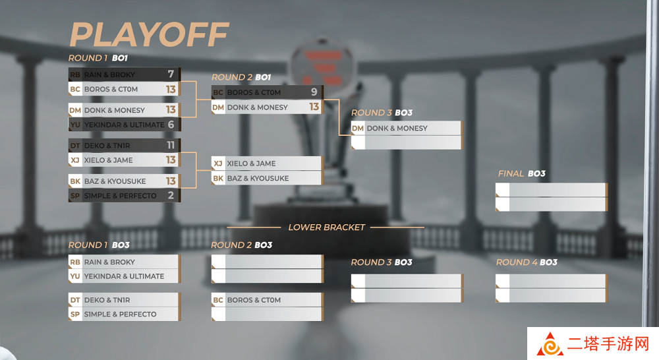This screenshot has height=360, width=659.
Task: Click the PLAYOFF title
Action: tap(149, 34)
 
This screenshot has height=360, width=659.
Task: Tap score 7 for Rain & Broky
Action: tap(171, 74)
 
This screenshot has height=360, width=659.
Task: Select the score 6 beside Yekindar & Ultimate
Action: tap(171, 124)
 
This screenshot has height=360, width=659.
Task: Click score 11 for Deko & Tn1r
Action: tap(170, 145)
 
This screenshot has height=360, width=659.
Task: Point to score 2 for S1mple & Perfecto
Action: tap(171, 195)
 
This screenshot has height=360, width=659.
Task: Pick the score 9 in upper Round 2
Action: tap(314, 92)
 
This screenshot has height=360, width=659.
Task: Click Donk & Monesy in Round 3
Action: tap(397, 129)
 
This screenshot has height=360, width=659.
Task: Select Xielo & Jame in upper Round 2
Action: tap(251, 164)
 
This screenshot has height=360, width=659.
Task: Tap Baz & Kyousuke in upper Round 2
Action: tap(258, 178)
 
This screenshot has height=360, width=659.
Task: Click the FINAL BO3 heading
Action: tap(521, 173)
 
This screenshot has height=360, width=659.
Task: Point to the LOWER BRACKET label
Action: tap(327, 227)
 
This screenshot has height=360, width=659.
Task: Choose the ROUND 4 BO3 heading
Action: tap(527, 262)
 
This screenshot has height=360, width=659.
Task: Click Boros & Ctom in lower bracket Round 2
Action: tap(254, 300)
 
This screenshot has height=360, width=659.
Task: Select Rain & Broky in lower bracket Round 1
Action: tap(109, 262)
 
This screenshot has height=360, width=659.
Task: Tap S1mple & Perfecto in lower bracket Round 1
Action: tap(120, 314)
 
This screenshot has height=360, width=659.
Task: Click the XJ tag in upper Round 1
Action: tap(75, 160)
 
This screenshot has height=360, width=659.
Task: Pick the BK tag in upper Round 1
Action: tap(75, 181)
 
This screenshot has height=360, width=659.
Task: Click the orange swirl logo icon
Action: tap(550, 345)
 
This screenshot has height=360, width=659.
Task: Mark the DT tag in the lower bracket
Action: tap(75, 300)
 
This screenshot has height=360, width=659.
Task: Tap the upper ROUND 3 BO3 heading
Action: tap(382, 113)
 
